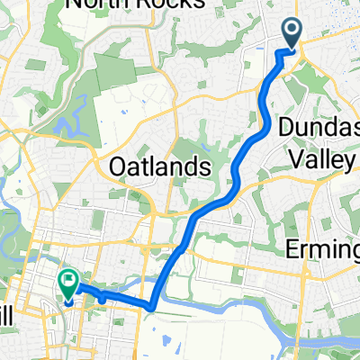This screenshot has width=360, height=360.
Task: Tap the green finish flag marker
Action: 67,284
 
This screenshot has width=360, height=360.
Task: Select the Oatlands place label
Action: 159,166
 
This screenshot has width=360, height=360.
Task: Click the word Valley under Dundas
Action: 321,157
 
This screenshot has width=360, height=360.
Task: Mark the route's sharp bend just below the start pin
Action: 278,53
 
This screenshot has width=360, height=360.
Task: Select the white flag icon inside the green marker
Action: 68,280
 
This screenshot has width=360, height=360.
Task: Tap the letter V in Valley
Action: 294,157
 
